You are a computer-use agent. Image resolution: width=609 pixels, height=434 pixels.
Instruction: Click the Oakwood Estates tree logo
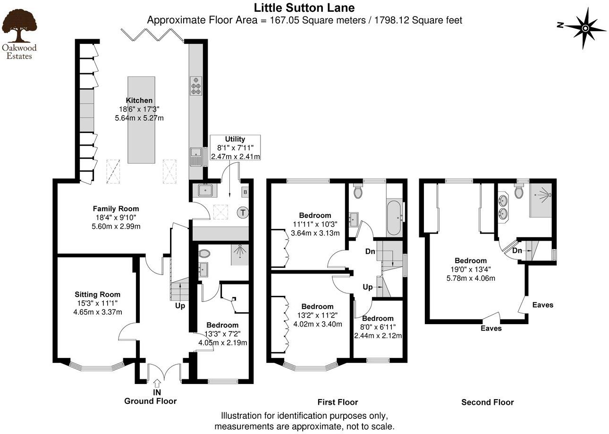click(19, 28)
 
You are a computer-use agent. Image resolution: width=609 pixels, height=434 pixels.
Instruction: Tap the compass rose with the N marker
click(584, 28)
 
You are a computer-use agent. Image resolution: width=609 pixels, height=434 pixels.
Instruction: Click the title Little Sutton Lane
click(304, 8)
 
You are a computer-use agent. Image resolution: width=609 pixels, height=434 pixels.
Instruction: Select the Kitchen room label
click(139, 100)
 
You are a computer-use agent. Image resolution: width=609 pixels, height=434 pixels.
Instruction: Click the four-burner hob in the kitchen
click(195, 86)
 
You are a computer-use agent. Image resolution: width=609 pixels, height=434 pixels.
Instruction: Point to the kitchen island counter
click(141, 120)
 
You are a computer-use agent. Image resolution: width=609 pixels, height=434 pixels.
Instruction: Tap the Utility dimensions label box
click(235, 148)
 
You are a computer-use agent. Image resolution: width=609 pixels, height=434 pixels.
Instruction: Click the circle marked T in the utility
click(243, 213)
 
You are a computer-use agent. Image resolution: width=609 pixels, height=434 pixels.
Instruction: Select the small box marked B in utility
click(245, 192)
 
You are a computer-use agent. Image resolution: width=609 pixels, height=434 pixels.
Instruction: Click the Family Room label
click(116, 209)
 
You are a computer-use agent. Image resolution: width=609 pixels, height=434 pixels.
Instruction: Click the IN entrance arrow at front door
click(157, 383)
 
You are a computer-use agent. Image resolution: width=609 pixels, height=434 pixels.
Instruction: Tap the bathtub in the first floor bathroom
click(394, 217)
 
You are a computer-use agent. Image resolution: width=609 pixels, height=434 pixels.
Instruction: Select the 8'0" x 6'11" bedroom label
click(378, 318)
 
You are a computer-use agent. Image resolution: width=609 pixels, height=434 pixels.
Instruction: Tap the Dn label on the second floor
click(517, 250)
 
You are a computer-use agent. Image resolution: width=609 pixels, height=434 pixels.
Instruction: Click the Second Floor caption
click(487, 402)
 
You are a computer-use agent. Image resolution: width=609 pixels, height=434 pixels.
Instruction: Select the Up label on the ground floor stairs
click(180, 306)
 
